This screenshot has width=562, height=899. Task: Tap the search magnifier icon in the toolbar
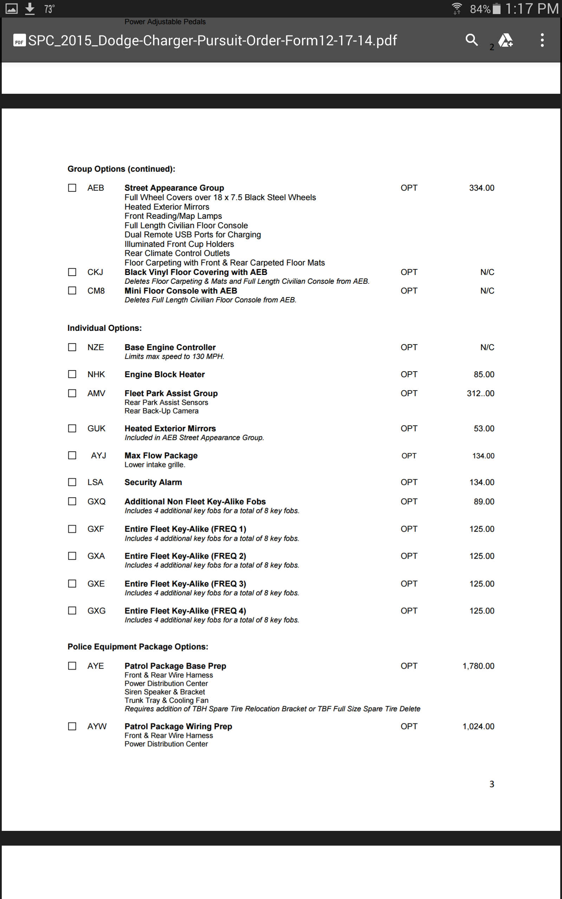(x=471, y=39)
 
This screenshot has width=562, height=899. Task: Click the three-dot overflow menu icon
(x=542, y=40)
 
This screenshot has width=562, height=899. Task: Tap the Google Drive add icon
(x=505, y=40)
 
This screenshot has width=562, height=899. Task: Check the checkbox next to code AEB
(x=72, y=188)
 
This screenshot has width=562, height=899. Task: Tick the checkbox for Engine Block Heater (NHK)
(x=72, y=374)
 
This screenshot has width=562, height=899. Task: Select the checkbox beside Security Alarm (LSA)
(x=72, y=482)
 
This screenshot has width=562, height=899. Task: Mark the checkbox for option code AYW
(x=72, y=726)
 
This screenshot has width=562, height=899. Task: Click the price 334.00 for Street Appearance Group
(x=481, y=188)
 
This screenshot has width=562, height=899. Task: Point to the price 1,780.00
(x=478, y=666)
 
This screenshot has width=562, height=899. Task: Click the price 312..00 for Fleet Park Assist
(x=480, y=393)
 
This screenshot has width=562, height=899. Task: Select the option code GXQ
(x=96, y=501)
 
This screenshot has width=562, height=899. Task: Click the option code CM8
(x=96, y=291)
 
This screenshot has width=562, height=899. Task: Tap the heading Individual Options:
(x=104, y=328)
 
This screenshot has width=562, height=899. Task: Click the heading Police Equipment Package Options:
(x=138, y=647)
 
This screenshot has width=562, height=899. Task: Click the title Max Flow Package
(x=161, y=455)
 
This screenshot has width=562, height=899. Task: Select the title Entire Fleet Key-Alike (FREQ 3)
(x=185, y=584)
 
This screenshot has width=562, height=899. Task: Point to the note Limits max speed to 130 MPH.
(x=174, y=357)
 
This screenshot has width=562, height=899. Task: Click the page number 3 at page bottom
(x=491, y=784)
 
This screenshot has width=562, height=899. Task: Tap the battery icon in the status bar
(x=496, y=8)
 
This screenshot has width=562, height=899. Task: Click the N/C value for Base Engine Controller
(x=487, y=347)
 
